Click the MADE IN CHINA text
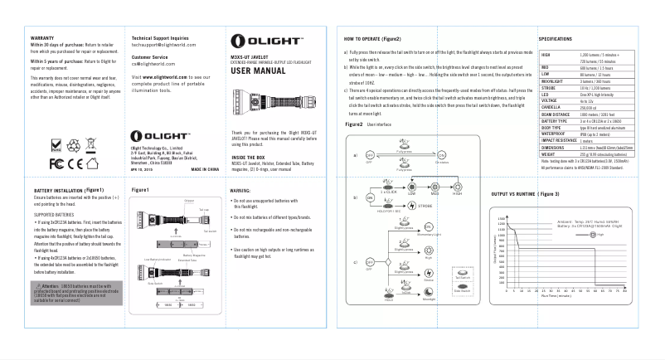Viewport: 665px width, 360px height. click(206, 168)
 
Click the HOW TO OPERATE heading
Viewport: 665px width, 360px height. click(373, 39)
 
